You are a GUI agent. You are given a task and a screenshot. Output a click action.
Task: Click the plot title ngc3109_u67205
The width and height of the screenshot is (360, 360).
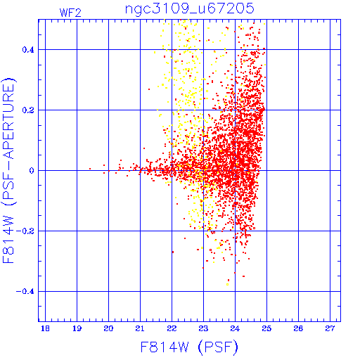190,9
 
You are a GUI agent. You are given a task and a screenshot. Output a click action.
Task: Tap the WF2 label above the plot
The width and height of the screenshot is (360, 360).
70,13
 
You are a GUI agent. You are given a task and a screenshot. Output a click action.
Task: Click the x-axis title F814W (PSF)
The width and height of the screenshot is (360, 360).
189,347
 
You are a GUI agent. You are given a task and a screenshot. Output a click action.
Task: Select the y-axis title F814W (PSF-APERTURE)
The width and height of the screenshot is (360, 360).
9,171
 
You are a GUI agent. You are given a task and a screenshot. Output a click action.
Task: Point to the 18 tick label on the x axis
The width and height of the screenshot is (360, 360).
45,328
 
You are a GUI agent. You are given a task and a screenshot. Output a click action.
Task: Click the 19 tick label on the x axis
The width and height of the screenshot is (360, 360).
77,328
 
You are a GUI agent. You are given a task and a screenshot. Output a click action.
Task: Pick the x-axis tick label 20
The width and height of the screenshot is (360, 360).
108,328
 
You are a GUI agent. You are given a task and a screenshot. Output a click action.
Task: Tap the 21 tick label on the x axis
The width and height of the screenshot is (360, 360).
140,328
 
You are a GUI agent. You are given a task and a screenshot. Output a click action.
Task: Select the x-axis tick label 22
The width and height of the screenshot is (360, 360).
172,328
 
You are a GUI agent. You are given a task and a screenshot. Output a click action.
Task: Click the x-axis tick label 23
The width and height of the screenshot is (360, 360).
203,328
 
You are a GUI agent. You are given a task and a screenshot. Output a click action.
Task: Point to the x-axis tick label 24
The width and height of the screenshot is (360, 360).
235,328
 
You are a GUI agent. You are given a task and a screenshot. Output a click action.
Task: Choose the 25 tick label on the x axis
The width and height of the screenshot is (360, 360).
266,328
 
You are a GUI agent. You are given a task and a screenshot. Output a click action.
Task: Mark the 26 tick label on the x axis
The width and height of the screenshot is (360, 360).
298,328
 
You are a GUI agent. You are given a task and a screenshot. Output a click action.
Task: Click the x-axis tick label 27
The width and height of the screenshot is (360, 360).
330,328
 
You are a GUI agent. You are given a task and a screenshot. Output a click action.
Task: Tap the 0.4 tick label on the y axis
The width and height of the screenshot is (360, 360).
28,50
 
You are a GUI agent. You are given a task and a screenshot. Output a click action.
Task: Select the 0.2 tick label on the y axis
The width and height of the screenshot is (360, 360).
28,110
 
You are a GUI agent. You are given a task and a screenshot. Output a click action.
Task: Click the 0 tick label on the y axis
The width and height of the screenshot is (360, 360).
32,171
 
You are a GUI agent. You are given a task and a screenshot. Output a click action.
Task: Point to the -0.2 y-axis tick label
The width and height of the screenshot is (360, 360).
25,231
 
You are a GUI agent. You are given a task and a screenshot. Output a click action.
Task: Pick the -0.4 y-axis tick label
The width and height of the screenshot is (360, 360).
25,292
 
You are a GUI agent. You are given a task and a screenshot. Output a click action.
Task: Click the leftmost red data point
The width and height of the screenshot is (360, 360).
90,169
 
